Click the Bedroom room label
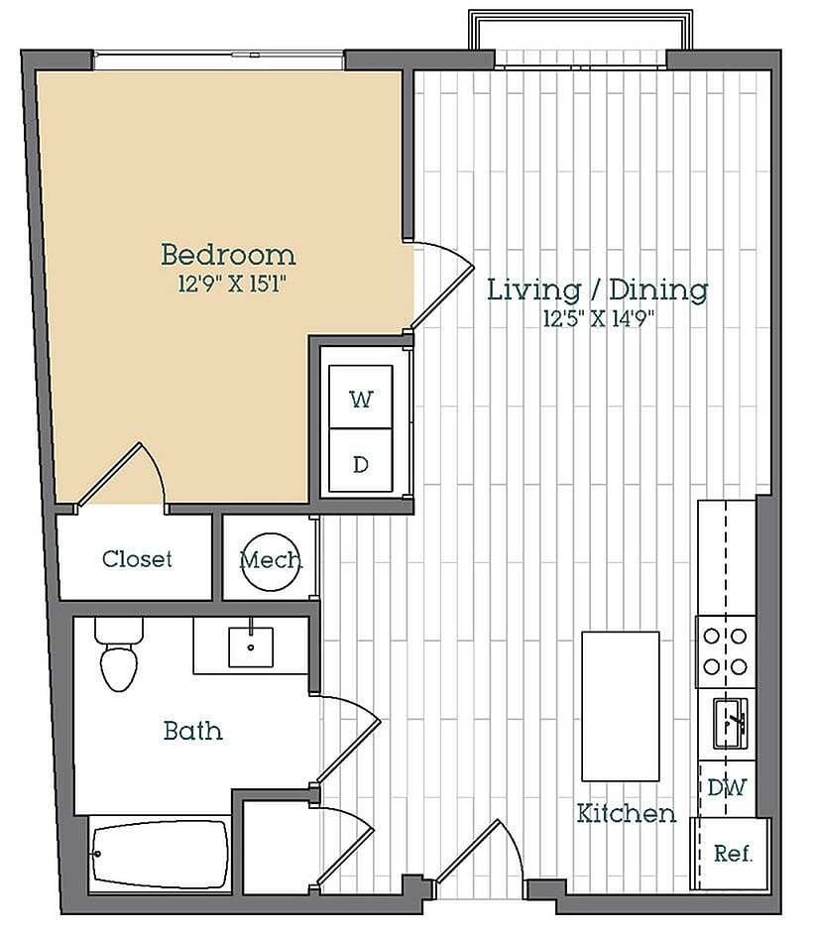228,255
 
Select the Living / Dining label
597,290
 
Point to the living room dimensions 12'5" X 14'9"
597,319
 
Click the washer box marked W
361,399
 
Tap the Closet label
137,559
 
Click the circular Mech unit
271,561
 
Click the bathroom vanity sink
251,646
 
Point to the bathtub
160,854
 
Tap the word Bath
192,732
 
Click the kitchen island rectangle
620,706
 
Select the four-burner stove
726,651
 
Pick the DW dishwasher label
727,787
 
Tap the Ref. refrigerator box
733,853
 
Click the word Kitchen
627,814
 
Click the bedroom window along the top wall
219,60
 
